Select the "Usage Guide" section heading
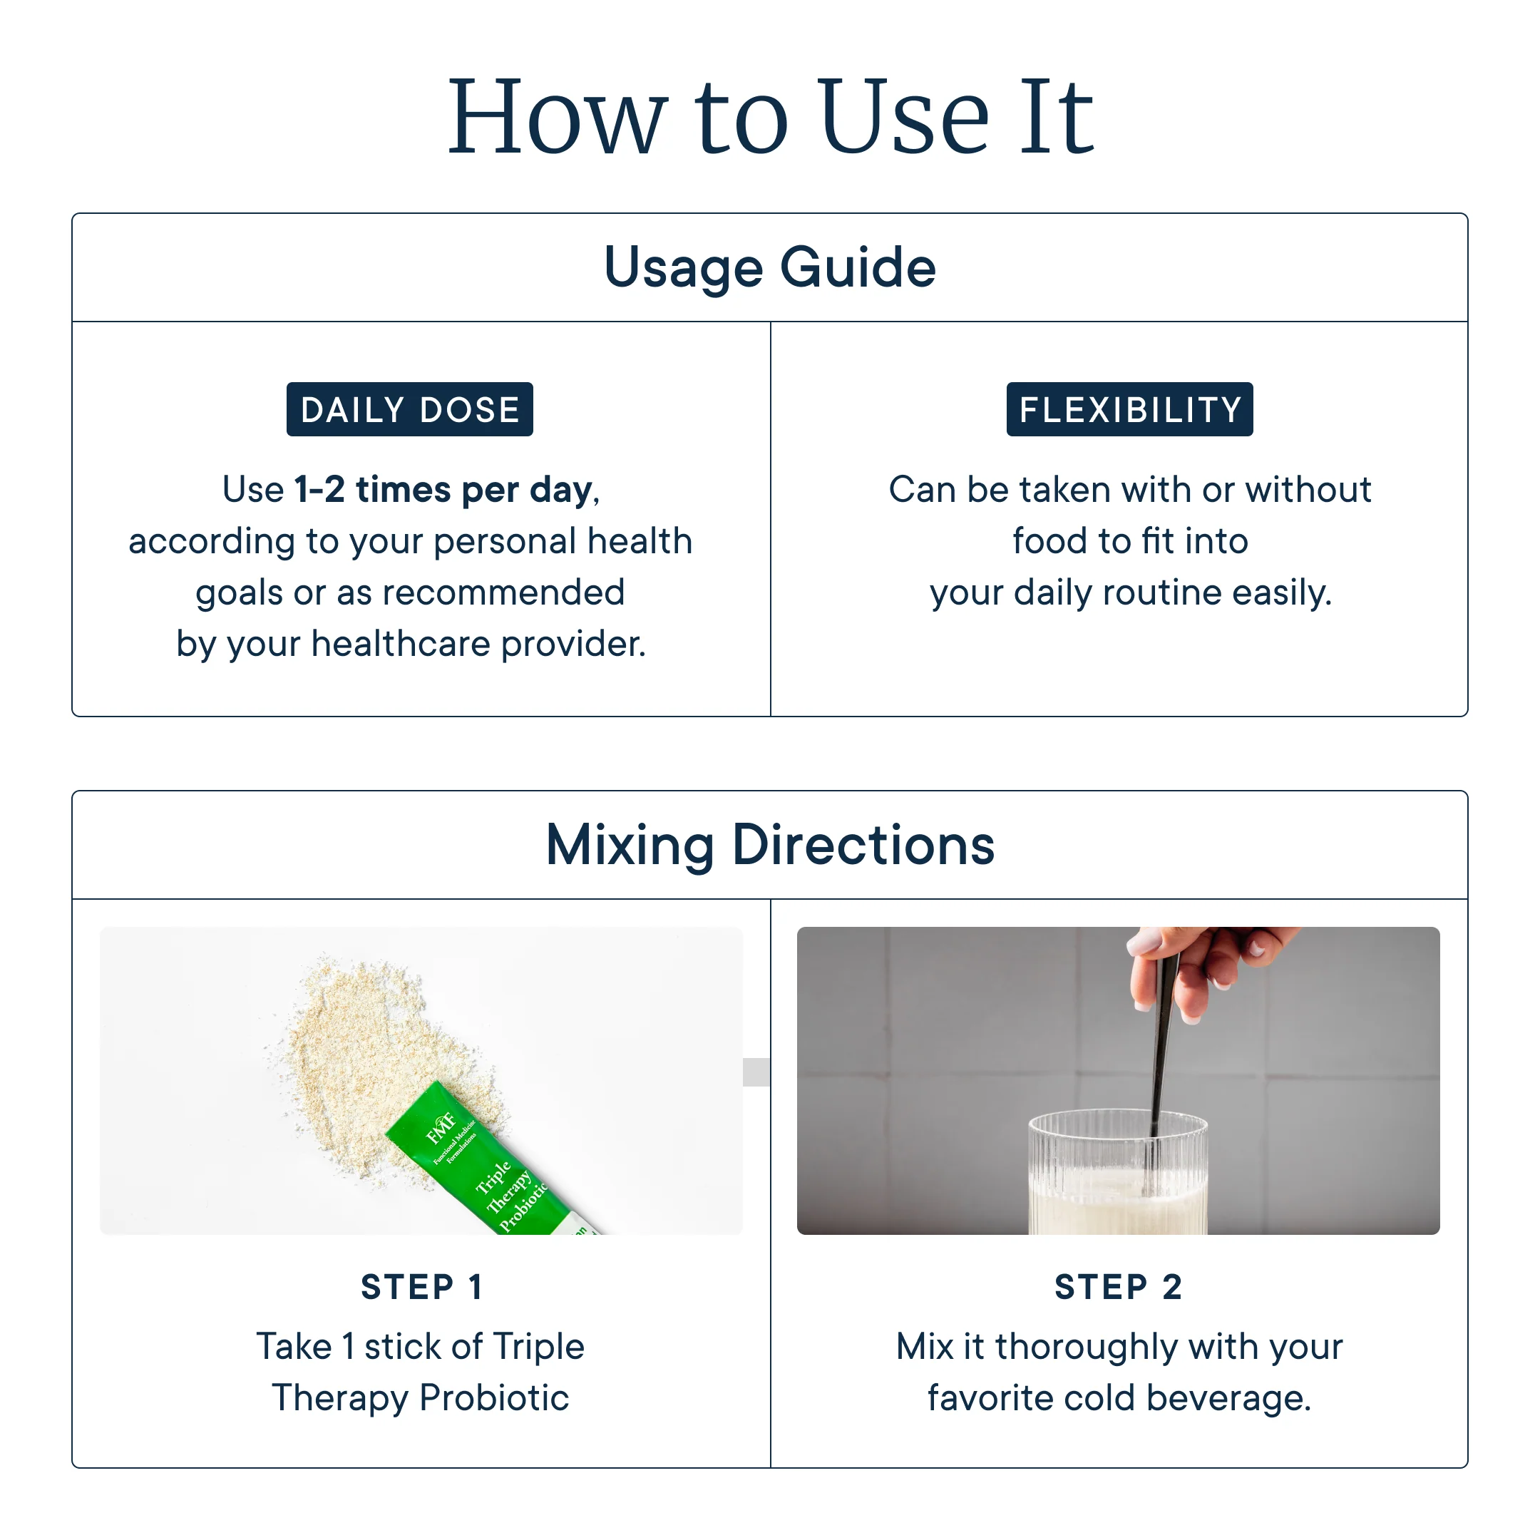(770, 267)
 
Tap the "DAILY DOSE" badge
(410, 409)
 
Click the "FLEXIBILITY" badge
(1129, 409)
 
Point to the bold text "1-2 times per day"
(444, 489)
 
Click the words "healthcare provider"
(478, 644)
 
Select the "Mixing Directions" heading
(770, 845)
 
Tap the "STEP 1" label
(421, 1286)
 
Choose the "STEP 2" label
(1119, 1286)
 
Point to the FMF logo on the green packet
(441, 1127)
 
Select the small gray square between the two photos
(756, 1072)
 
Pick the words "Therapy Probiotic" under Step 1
(421, 1398)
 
